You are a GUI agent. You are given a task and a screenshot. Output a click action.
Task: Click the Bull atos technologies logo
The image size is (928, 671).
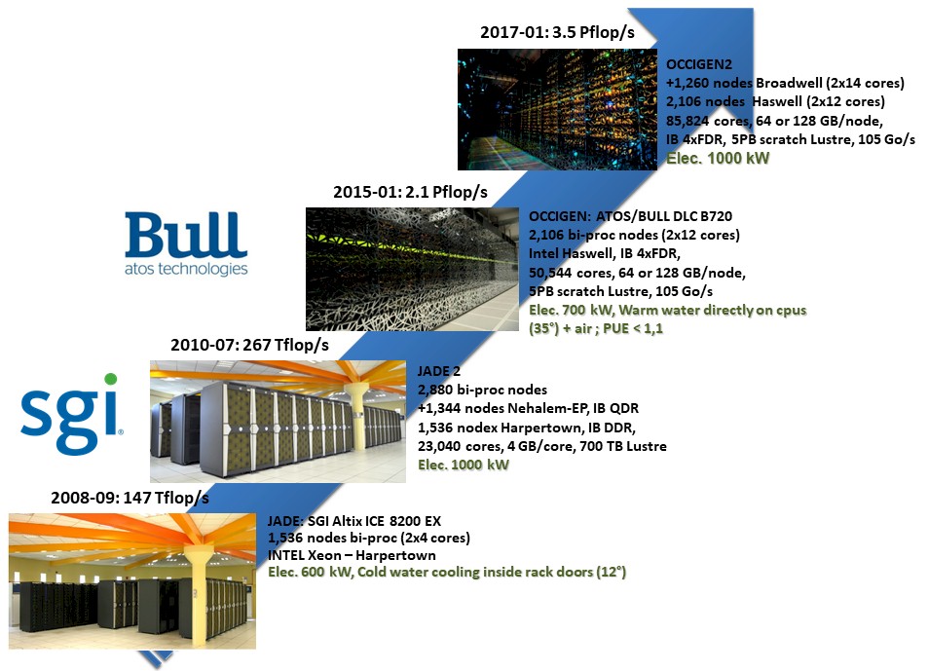[x=186, y=243]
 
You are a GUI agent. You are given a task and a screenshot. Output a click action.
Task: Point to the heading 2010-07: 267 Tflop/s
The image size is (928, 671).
[x=249, y=345]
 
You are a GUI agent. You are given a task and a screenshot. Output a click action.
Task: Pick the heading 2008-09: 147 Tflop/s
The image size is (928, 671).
[x=130, y=499]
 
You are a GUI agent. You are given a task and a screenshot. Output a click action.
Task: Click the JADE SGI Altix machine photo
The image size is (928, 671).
[x=131, y=580]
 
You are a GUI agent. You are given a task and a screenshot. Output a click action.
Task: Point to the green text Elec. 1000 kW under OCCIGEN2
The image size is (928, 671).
[x=718, y=158]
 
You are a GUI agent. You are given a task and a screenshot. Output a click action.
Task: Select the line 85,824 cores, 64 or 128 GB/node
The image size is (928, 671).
[x=774, y=121]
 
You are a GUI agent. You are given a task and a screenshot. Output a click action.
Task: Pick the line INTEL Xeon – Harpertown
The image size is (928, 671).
[x=352, y=555]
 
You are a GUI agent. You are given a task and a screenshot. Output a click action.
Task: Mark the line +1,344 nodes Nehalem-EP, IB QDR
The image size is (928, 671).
[x=528, y=409]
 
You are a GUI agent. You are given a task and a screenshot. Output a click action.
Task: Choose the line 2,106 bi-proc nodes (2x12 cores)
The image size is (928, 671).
[x=634, y=236]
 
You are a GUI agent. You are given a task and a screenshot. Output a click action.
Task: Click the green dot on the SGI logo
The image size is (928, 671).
[x=110, y=379]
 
